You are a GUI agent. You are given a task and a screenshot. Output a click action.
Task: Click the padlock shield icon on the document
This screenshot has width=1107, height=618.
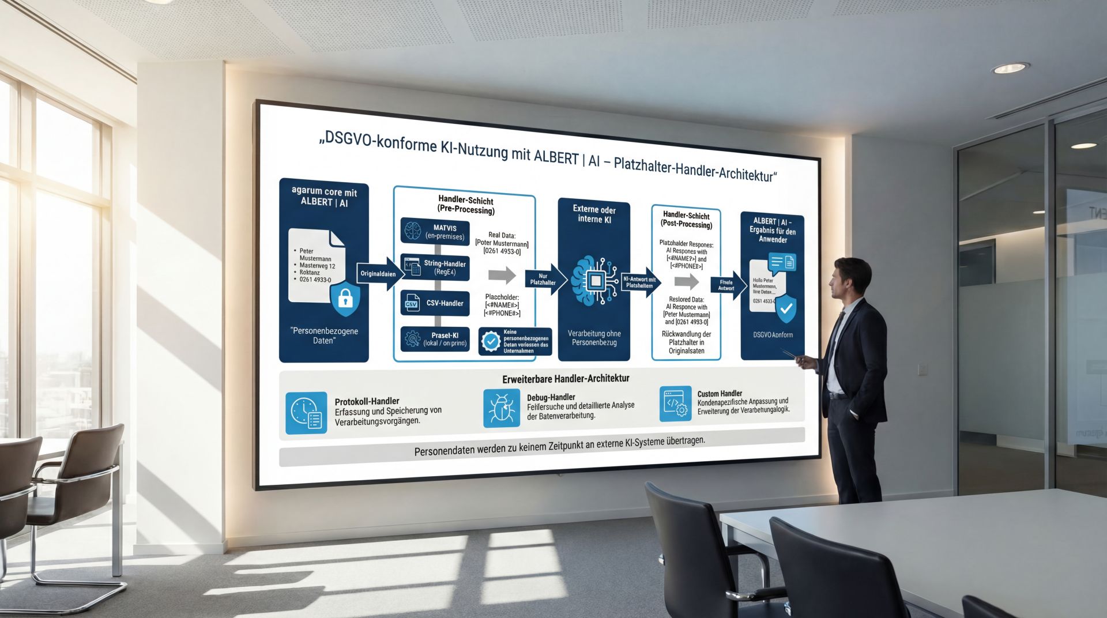[x=345, y=298]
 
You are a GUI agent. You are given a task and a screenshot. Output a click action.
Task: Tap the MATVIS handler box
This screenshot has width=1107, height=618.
[x=435, y=231]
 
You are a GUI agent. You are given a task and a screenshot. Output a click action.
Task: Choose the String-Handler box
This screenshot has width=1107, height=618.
[x=435, y=267]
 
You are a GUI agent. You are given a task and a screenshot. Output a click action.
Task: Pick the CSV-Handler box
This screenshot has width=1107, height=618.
[x=435, y=303]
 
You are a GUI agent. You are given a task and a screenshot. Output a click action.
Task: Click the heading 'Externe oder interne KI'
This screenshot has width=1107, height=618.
[x=594, y=214]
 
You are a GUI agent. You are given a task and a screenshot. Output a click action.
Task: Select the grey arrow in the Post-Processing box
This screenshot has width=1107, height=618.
[x=686, y=282]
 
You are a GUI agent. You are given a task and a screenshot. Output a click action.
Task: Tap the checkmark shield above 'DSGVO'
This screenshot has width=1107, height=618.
[x=785, y=309]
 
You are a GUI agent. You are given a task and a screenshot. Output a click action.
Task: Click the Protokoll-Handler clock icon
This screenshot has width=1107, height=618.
[x=306, y=412]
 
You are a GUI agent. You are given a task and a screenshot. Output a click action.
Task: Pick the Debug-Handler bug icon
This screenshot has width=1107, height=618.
[x=501, y=408]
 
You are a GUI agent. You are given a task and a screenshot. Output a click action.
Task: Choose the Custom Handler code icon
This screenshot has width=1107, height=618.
[x=675, y=404]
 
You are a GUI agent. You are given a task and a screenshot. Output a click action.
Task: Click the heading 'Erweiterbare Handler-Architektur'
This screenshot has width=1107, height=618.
[x=566, y=379]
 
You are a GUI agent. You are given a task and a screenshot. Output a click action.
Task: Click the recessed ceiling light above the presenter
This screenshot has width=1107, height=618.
[x=1010, y=68]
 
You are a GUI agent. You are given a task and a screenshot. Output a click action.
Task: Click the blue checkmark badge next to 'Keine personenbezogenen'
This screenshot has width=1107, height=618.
[x=491, y=341]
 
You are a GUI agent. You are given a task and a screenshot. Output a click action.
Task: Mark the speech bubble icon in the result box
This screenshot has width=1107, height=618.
[x=781, y=263]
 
